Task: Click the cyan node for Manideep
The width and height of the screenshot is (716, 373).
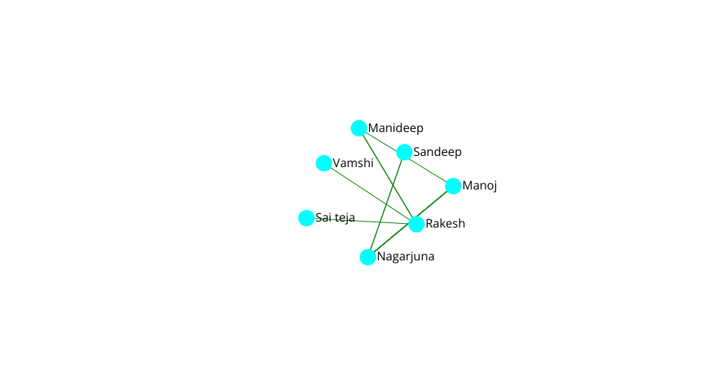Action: click(359, 128)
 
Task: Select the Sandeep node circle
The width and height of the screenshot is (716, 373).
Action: click(404, 152)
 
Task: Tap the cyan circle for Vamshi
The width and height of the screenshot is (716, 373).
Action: click(324, 163)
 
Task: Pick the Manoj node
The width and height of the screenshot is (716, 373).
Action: click(453, 186)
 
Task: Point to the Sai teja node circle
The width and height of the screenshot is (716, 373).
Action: click(307, 218)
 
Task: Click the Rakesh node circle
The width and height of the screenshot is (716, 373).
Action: click(416, 224)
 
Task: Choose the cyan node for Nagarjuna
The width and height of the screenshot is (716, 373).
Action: click(368, 257)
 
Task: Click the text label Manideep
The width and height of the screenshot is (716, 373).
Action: click(396, 128)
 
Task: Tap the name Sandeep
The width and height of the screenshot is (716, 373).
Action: click(438, 151)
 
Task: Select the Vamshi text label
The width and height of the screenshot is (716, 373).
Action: click(353, 163)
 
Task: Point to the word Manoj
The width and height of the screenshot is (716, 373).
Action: click(480, 185)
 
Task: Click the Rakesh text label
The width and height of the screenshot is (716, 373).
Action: click(445, 223)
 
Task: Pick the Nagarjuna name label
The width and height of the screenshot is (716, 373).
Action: click(406, 257)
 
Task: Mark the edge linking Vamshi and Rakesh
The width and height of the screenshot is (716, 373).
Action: click(370, 193)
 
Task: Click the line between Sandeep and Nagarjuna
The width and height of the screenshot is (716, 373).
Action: click(386, 204)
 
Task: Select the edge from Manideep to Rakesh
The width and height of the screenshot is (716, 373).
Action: click(388, 176)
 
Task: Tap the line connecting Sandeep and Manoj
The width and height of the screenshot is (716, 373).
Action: click(429, 169)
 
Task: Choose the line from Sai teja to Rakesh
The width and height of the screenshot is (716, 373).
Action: click(361, 221)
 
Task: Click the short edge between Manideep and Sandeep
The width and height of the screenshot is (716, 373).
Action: click(382, 140)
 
